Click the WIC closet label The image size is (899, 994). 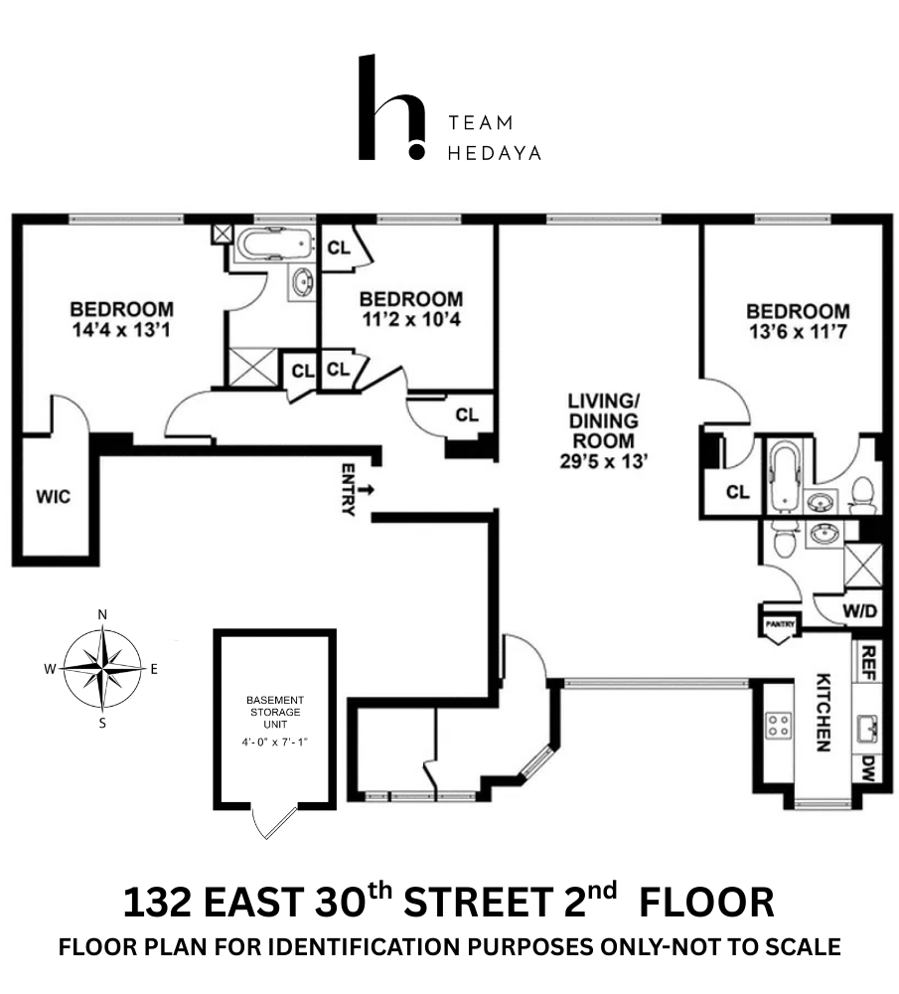54,496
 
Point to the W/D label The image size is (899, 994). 860,611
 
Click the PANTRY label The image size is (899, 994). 777,624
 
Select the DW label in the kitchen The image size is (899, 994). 867,766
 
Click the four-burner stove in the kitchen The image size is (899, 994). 777,725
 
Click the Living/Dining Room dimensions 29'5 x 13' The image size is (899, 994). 602,460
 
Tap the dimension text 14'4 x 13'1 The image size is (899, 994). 121,331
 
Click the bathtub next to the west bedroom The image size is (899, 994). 272,245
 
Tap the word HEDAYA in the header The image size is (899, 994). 495,152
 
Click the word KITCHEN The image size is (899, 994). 824,712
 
